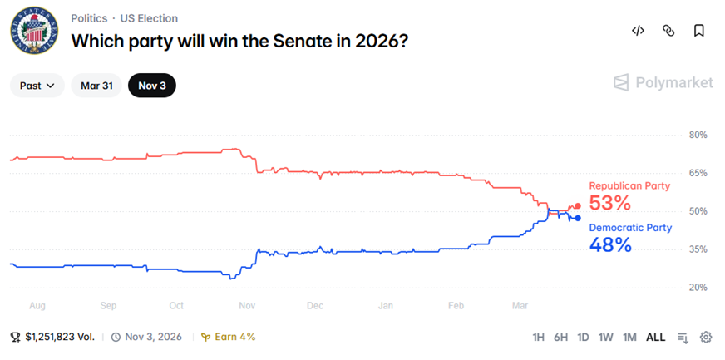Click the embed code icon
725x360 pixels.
pyautogui.click(x=638, y=31)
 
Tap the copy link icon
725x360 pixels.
pyautogui.click(x=668, y=31)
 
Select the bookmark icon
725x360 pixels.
pyautogui.click(x=699, y=31)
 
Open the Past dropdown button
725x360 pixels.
pyautogui.click(x=37, y=86)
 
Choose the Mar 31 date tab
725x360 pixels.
pyautogui.click(x=96, y=86)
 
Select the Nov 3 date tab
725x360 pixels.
pyautogui.click(x=151, y=86)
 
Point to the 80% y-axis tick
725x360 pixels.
pyautogui.click(x=698, y=135)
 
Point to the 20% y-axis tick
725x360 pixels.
pyautogui.click(x=698, y=288)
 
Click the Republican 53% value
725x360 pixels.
pyautogui.click(x=609, y=204)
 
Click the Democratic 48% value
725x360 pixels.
pyautogui.click(x=609, y=244)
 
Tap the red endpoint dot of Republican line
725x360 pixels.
pyautogui.click(x=578, y=206)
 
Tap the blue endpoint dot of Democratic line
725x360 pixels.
pyautogui.click(x=578, y=219)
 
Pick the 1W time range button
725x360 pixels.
pyautogui.click(x=606, y=337)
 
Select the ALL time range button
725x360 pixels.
pyautogui.click(x=656, y=337)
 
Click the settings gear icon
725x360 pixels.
pyautogui.click(x=706, y=337)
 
